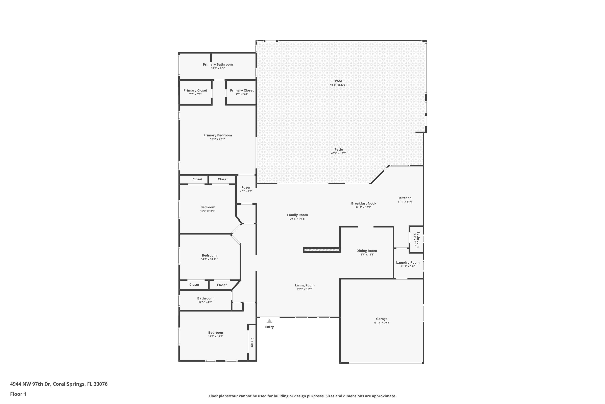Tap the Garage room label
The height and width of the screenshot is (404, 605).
click(x=382, y=319)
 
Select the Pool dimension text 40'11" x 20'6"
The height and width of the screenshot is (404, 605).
click(x=338, y=85)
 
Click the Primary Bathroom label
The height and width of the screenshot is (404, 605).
click(x=218, y=64)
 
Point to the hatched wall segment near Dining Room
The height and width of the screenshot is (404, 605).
click(x=321, y=250)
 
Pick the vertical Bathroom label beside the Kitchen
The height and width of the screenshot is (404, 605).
click(x=418, y=239)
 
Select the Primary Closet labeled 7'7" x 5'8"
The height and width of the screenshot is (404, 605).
click(x=195, y=90)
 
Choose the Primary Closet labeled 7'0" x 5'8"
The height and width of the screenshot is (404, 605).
click(x=242, y=90)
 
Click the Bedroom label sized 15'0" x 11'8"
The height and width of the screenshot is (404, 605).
click(x=208, y=207)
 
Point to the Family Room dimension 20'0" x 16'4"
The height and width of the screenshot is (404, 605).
click(x=297, y=219)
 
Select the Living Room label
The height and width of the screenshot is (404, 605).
click(x=305, y=285)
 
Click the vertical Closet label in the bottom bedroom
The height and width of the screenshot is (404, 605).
click(x=252, y=342)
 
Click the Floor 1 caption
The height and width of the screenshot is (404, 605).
click(x=18, y=394)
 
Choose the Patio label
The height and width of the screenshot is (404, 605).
click(x=339, y=149)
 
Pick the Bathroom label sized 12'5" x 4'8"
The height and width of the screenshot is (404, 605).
click(x=205, y=298)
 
